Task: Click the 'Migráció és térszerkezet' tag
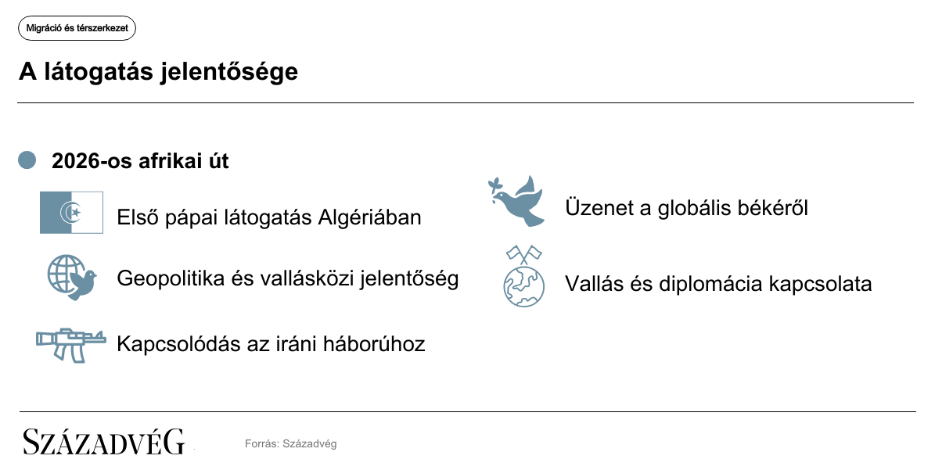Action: coord(77,28)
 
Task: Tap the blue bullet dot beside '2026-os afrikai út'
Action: coord(27,160)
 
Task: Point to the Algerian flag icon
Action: coord(71,213)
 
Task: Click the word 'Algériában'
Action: coord(370,217)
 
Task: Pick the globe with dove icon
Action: coord(72,278)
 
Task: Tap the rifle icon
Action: coord(71,344)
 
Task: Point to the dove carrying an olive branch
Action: coord(516,201)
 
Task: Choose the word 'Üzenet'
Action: coord(599,208)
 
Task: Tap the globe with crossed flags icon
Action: coord(523,276)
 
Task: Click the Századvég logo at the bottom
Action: coord(104,442)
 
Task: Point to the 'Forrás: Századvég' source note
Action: coord(290,443)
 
